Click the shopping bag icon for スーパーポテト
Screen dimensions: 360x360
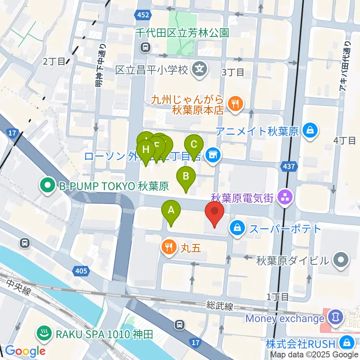[237, 227]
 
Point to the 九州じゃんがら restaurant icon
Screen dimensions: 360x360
[236, 104]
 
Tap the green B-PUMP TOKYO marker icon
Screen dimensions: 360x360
[48, 186]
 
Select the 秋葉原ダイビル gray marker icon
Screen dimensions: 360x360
[341, 260]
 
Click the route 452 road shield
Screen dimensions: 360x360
[142, 15]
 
